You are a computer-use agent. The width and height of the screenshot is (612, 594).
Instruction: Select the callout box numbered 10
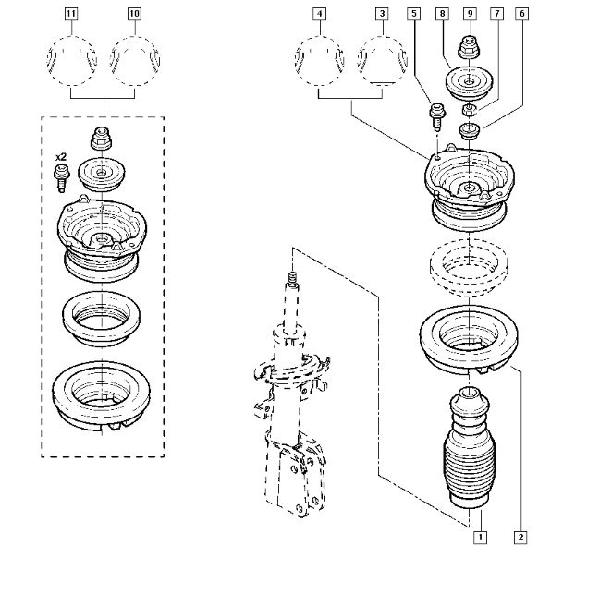click(x=135, y=14)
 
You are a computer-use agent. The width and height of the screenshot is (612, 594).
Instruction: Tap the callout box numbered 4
click(x=319, y=14)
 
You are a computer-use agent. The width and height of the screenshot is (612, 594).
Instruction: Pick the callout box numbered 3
click(x=382, y=14)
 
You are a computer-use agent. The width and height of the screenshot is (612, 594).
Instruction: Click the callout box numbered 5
click(x=413, y=14)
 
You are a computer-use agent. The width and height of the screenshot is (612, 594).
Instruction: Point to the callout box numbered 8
click(x=443, y=14)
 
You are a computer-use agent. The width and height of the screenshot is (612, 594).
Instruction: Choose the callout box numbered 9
click(x=471, y=14)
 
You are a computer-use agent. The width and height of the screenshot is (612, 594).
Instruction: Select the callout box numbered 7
click(x=496, y=14)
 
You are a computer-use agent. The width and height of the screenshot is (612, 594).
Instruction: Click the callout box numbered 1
click(x=480, y=536)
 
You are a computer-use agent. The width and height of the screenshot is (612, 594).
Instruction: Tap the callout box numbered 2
click(x=521, y=536)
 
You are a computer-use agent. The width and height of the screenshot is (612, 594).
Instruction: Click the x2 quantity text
click(x=62, y=158)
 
